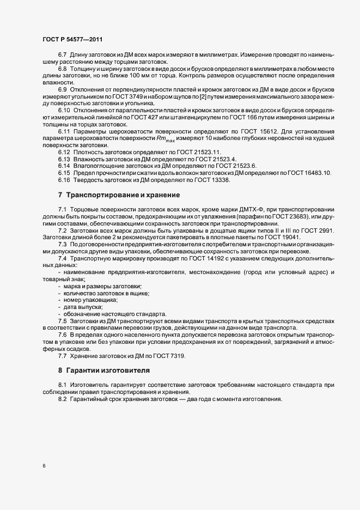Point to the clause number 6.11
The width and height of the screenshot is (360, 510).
pyautogui.click(x=64, y=132)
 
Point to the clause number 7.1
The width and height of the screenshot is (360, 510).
pyautogui.click(x=62, y=210)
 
